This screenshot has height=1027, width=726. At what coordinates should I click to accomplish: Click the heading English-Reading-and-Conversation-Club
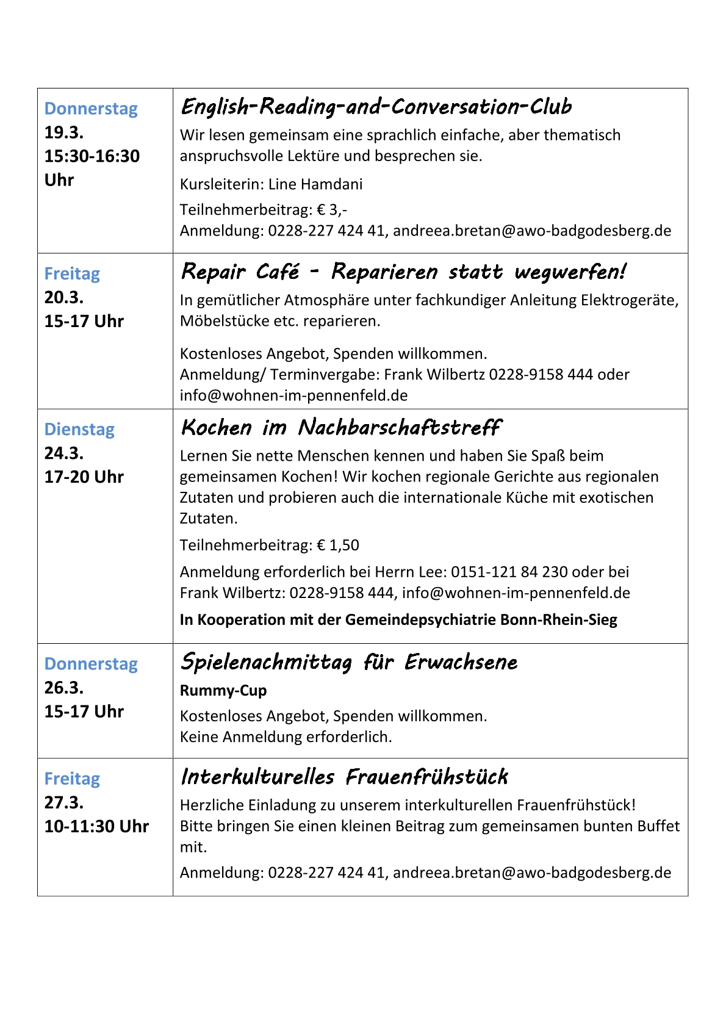(x=376, y=107)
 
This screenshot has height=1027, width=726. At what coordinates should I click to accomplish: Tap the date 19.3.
(x=64, y=132)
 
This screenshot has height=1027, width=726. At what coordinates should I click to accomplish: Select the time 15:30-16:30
(x=92, y=156)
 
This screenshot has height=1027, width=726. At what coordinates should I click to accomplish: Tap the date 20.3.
(x=64, y=297)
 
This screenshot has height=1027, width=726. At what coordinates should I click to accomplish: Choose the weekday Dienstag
(x=79, y=430)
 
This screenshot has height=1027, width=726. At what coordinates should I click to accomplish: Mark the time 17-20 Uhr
(x=84, y=477)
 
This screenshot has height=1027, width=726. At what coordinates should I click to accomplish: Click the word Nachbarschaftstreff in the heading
(x=400, y=428)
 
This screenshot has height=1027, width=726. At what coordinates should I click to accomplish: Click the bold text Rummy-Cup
(x=223, y=690)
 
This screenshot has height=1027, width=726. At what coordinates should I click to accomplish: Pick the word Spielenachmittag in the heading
(x=267, y=662)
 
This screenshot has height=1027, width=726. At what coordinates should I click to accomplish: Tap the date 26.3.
(x=64, y=688)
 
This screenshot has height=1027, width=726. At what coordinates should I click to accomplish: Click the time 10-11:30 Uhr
(x=96, y=826)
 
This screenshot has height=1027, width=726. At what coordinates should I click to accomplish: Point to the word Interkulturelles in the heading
(x=257, y=777)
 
